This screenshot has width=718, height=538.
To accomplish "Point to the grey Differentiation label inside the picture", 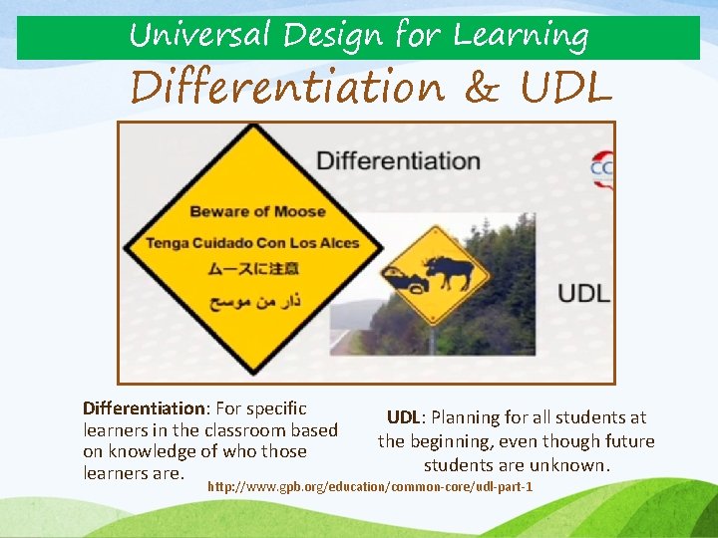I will coord(398,160).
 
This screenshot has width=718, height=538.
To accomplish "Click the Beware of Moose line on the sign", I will coord(257,211).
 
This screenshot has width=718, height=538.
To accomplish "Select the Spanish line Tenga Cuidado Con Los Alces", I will coord(252,242).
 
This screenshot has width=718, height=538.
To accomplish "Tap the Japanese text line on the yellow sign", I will coord(252,269).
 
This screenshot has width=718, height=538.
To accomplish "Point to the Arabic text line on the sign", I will coord(253,299).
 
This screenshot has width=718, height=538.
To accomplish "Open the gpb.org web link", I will coord(370,486).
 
